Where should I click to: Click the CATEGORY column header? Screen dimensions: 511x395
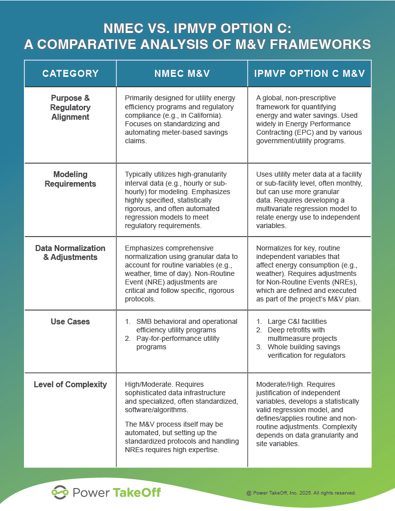70,74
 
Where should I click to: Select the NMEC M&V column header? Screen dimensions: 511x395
181,74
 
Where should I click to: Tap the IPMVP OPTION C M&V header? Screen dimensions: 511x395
310,74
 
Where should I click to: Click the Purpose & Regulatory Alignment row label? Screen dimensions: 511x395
70,107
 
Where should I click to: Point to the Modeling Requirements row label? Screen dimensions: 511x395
70,179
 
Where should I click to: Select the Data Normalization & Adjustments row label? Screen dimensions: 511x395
70,253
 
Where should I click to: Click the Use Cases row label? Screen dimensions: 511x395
70,322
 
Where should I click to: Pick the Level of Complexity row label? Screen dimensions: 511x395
70,384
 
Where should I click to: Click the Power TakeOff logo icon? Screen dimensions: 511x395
60,493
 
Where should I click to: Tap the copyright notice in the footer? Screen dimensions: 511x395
301,493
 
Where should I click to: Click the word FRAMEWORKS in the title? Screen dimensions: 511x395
319,44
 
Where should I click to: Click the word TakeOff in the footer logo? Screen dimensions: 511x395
136,493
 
